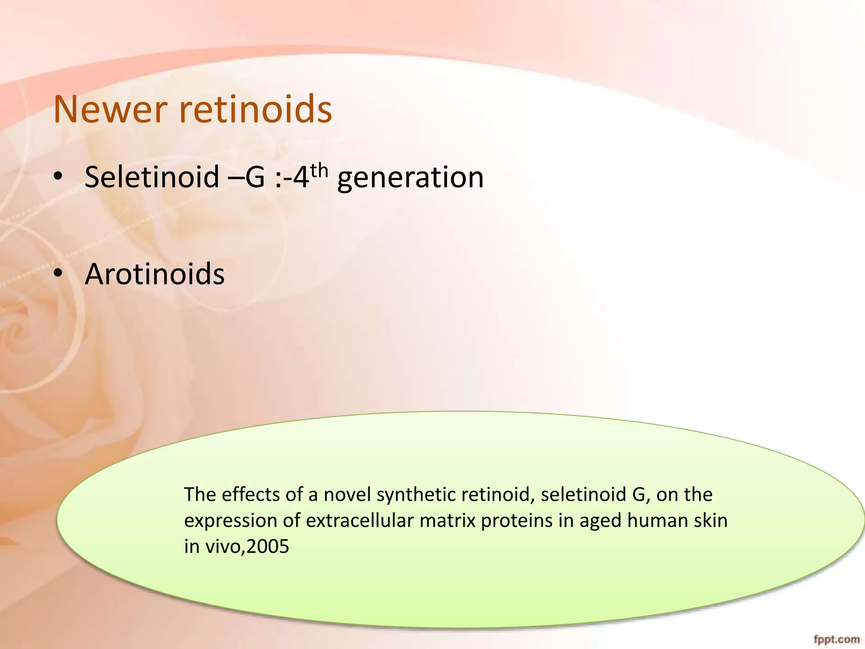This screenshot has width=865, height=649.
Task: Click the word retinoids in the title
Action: (x=256, y=109)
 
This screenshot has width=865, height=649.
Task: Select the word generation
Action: (x=411, y=178)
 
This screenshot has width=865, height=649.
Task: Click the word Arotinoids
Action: (x=155, y=274)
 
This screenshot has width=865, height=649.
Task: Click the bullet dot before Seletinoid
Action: (x=58, y=177)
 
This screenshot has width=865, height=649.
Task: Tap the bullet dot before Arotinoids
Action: (x=58, y=274)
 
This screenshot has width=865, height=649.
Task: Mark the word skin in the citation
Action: (x=711, y=520)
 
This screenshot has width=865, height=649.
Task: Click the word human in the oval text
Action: (x=658, y=520)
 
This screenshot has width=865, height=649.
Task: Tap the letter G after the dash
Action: (x=255, y=177)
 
